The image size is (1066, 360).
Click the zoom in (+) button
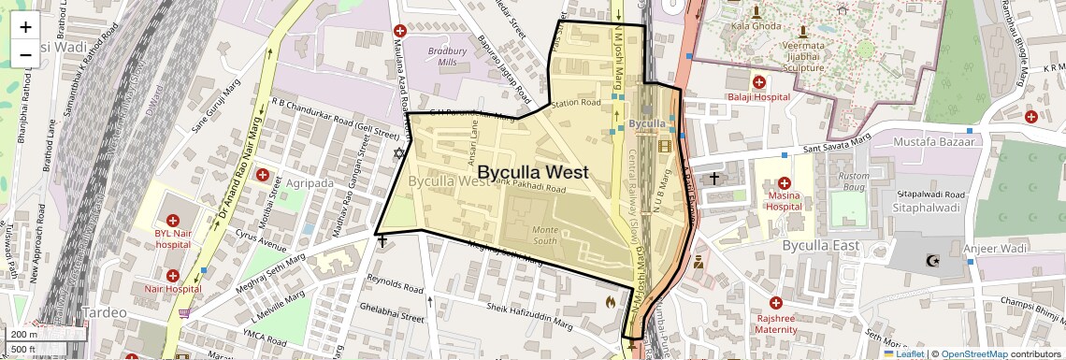(x=25, y=27)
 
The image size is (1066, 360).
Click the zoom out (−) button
(x=25, y=54)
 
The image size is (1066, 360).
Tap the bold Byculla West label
(x=532, y=172)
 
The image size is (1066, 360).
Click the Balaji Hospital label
(x=759, y=96)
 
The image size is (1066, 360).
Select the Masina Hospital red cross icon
(x=784, y=182)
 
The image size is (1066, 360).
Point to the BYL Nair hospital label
(x=173, y=238)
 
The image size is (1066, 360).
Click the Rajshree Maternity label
(x=776, y=323)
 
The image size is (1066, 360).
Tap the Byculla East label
(x=821, y=245)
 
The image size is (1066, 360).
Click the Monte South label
(x=544, y=235)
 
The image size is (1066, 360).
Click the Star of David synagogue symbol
(x=400, y=152)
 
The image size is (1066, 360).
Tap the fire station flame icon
(x=611, y=301)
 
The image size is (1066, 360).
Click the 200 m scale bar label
(x=23, y=334)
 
